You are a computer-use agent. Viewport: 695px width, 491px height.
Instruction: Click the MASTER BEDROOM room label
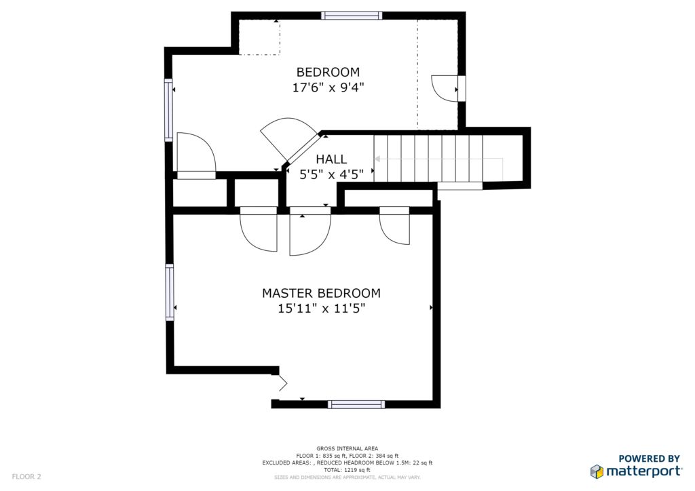click(321, 293)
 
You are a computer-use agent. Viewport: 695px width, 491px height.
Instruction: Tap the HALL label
click(331, 159)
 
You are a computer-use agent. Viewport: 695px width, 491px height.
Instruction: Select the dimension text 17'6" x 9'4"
click(328, 87)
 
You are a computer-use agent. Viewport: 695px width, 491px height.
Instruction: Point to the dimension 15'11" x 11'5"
click(321, 308)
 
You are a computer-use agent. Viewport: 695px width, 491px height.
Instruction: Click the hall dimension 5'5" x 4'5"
click(331, 174)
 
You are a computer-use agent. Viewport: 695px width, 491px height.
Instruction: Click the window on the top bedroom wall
click(352, 16)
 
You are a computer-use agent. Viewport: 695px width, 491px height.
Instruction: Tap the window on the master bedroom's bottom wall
click(356, 404)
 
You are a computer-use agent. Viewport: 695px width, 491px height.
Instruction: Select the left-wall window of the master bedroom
click(169, 292)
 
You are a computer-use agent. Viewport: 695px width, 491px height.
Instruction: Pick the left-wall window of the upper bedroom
click(168, 111)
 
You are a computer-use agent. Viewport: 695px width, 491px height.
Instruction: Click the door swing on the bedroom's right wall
click(445, 89)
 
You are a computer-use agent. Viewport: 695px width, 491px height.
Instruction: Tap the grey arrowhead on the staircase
click(377, 159)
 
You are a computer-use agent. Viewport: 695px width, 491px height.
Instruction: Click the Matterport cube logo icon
click(597, 471)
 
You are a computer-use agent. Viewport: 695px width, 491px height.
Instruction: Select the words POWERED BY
click(649, 458)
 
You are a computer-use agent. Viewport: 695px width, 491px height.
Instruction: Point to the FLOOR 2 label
click(26, 477)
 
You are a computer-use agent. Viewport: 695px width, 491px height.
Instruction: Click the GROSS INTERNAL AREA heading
click(347, 448)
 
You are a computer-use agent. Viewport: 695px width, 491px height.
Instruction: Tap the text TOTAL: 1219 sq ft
click(347, 470)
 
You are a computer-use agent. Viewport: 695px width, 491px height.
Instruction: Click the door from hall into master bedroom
click(310, 231)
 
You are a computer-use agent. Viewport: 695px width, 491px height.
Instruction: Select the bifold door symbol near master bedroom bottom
click(282, 383)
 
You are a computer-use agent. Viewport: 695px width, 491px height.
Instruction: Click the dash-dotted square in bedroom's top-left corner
click(259, 37)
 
